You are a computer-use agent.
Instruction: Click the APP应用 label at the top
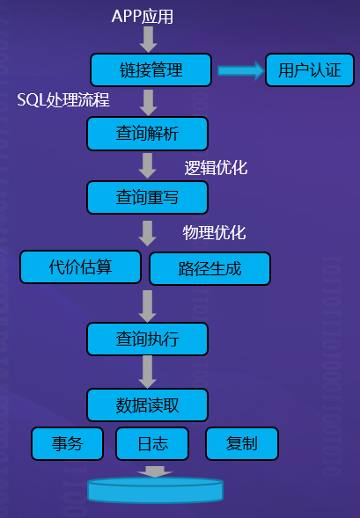pos(143,16)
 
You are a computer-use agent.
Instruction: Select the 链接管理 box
pos(151,70)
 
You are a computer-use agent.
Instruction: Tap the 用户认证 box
pos(310,70)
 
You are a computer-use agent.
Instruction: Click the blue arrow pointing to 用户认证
pos(240,70)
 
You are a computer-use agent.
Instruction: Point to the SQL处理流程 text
pos(63,99)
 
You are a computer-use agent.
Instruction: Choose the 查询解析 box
pos(148,134)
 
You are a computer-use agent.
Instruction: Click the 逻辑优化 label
pos(216,168)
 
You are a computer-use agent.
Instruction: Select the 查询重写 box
pos(148,197)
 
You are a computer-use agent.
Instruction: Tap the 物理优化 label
pos(214,232)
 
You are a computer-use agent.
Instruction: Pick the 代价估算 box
pos(81,267)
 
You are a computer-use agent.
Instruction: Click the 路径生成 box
pos(209,268)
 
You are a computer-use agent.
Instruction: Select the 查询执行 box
pos(148,339)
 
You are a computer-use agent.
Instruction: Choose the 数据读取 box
pos(148,405)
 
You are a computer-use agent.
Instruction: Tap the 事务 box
pos(68,443)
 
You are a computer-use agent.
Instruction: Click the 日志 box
pos(152,443)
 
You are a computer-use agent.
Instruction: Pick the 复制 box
pos(242,443)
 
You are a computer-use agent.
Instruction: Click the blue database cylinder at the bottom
pos(156,491)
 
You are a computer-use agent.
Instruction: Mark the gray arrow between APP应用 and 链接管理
pos(149,39)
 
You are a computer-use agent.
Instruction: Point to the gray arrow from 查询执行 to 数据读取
pos(148,372)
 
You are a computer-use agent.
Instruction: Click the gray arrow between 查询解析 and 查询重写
pos(148,165)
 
